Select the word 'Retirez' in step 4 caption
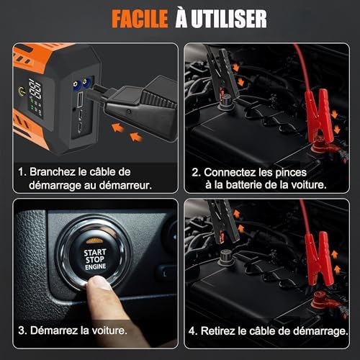click(x=224, y=332)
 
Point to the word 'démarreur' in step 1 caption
click(x=125, y=186)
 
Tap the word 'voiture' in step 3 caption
click(x=112, y=332)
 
